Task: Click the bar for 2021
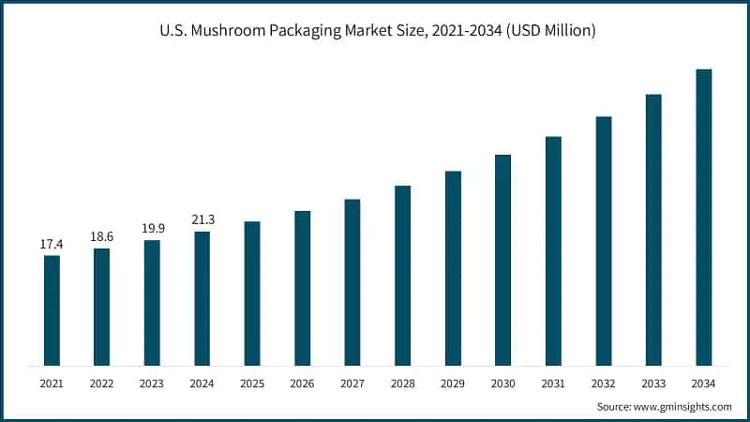[52, 310]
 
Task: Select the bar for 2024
[202, 298]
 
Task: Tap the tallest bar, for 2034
[704, 217]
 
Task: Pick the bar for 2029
[453, 268]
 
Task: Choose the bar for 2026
[302, 288]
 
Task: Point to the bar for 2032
[604, 241]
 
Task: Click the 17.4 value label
[52, 244]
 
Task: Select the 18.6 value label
[101, 237]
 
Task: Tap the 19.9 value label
[152, 229]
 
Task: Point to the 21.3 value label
[202, 219]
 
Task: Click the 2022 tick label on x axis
[101, 383]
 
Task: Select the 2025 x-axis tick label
[252, 383]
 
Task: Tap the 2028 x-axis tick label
[402, 383]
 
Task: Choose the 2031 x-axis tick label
[553, 383]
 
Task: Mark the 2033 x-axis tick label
[653, 383]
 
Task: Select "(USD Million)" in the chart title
[548, 32]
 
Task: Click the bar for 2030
[503, 260]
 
